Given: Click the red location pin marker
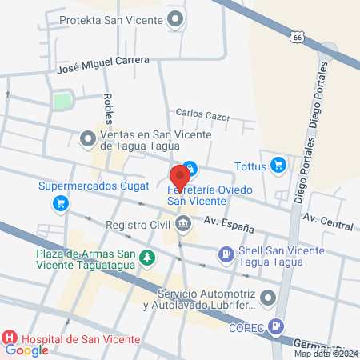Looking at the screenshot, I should (182, 174).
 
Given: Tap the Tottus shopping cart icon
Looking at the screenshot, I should (278, 166).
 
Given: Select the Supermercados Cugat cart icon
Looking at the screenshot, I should (60, 203).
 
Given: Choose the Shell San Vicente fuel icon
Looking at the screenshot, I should (226, 255).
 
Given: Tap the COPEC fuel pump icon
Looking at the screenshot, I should (276, 326).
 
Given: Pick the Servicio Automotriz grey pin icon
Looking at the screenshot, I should (266, 298).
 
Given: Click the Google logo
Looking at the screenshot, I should (26, 350).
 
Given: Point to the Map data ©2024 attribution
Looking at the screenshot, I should (326, 354).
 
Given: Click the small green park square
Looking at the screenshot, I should (62, 102).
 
